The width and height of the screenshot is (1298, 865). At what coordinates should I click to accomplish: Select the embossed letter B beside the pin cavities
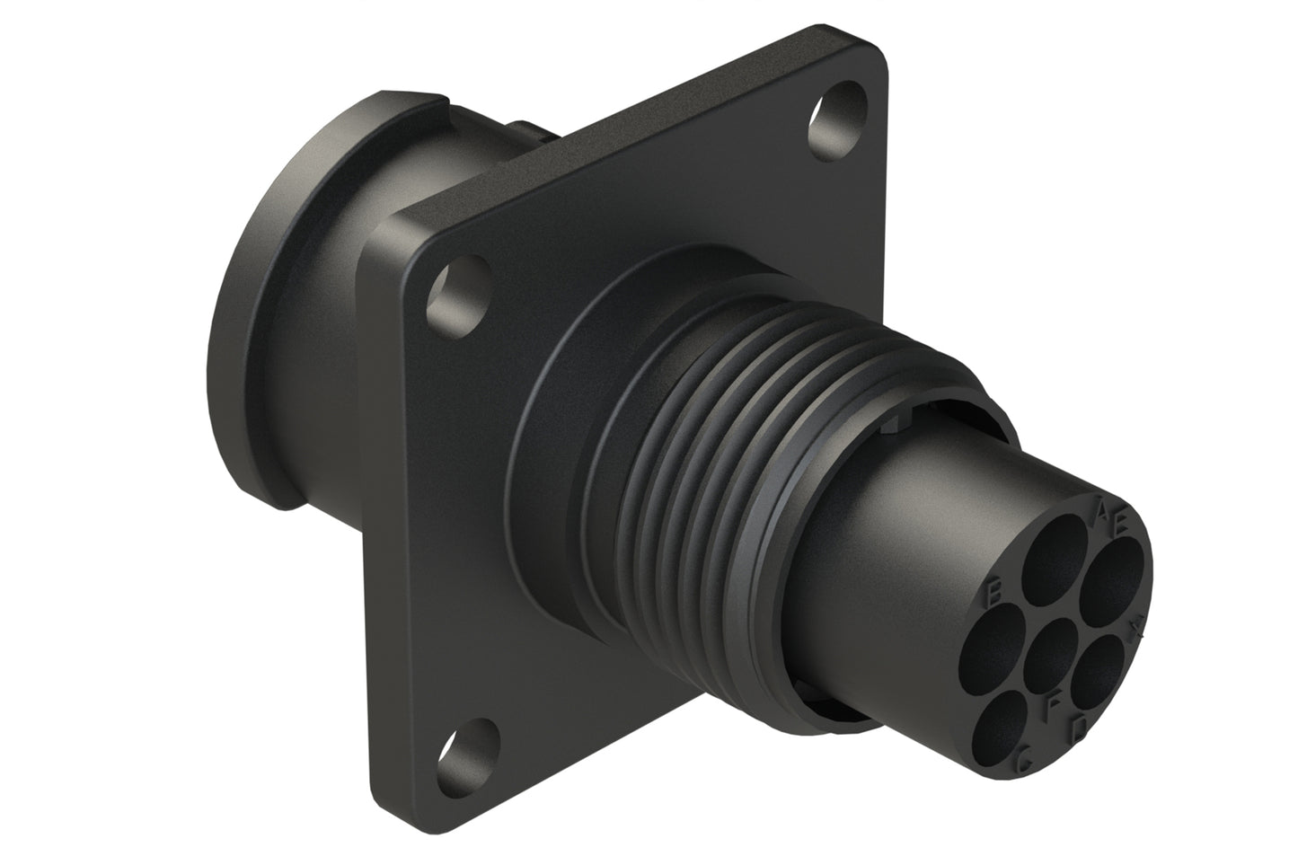coord(994,593)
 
